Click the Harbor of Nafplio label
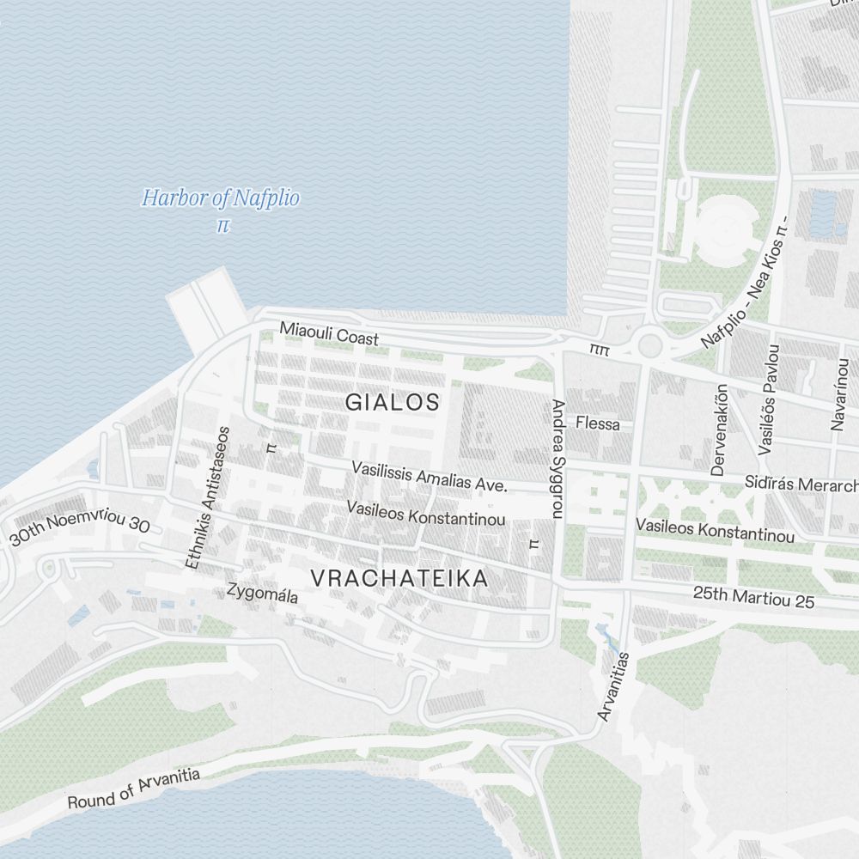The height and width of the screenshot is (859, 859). click(x=221, y=199)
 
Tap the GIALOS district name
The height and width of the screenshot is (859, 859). click(x=393, y=401)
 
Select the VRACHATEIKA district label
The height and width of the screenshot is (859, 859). click(x=399, y=578)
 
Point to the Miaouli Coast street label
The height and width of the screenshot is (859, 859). click(x=329, y=334)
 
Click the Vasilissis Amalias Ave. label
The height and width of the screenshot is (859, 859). click(x=429, y=477)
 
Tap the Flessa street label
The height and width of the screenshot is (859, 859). click(x=598, y=423)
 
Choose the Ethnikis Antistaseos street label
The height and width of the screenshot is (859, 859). click(x=208, y=497)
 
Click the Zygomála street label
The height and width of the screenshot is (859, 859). click(x=262, y=593)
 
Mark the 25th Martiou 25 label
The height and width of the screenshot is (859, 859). click(x=753, y=598)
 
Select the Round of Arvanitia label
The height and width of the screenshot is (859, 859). click(x=133, y=789)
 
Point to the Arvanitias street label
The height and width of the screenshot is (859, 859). click(x=613, y=686)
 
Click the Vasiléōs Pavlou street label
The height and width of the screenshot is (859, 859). click(x=769, y=399)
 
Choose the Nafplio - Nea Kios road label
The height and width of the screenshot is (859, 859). click(x=744, y=289)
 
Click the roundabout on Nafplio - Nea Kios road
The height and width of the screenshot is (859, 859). click(x=650, y=345)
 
